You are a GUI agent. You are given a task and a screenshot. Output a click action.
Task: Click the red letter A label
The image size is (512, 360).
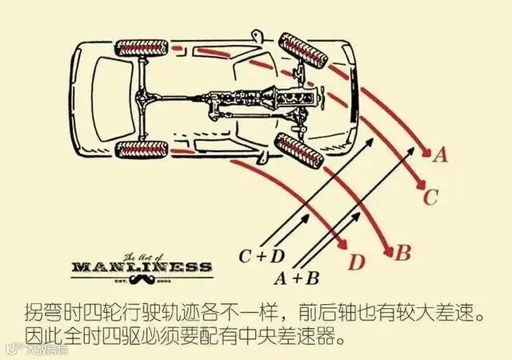point(439,154)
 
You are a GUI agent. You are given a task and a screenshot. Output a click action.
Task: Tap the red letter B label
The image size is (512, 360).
point(403,254)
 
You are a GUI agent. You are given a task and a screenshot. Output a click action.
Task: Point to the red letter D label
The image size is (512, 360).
point(357,262)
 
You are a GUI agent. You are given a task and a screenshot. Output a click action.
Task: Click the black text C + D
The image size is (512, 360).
point(261,256)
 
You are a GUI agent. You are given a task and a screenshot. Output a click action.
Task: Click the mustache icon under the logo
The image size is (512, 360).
point(142,282)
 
